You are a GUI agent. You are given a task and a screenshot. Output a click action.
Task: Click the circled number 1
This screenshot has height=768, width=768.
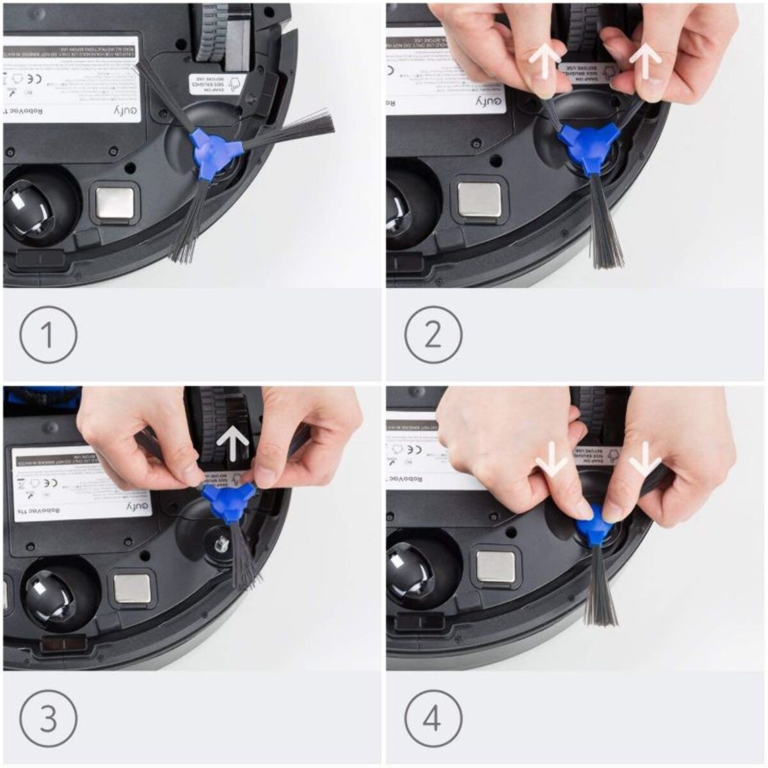49,333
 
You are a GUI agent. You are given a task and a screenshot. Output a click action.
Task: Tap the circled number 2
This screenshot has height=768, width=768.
433,333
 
